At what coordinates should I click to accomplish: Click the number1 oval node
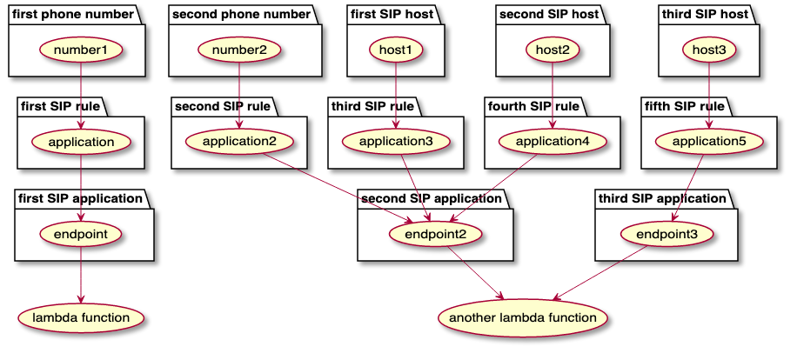click(81, 50)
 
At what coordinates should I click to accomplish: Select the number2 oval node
click(239, 50)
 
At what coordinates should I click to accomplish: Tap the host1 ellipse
click(397, 50)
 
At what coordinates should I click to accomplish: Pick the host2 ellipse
click(553, 50)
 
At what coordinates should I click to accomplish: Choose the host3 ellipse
click(709, 50)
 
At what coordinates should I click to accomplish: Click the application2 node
click(238, 140)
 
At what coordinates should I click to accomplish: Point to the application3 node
click(397, 140)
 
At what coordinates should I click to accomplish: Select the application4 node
click(553, 140)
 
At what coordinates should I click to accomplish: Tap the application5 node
click(708, 140)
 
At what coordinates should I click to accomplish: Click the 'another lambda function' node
click(523, 317)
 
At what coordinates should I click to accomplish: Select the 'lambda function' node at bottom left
click(81, 317)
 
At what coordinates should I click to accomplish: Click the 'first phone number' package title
click(74, 14)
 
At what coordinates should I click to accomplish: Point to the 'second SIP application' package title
click(432, 198)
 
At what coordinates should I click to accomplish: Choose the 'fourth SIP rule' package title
click(532, 106)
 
